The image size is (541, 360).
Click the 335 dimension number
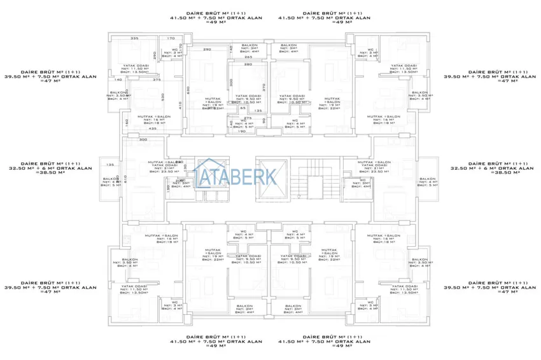[x=134, y=39]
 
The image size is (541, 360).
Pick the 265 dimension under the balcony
[x=248, y=57]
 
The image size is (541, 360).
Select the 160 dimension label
[x=127, y=121]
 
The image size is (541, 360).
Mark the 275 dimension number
[x=249, y=118]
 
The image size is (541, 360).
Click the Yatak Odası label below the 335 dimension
[x=135, y=65]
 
